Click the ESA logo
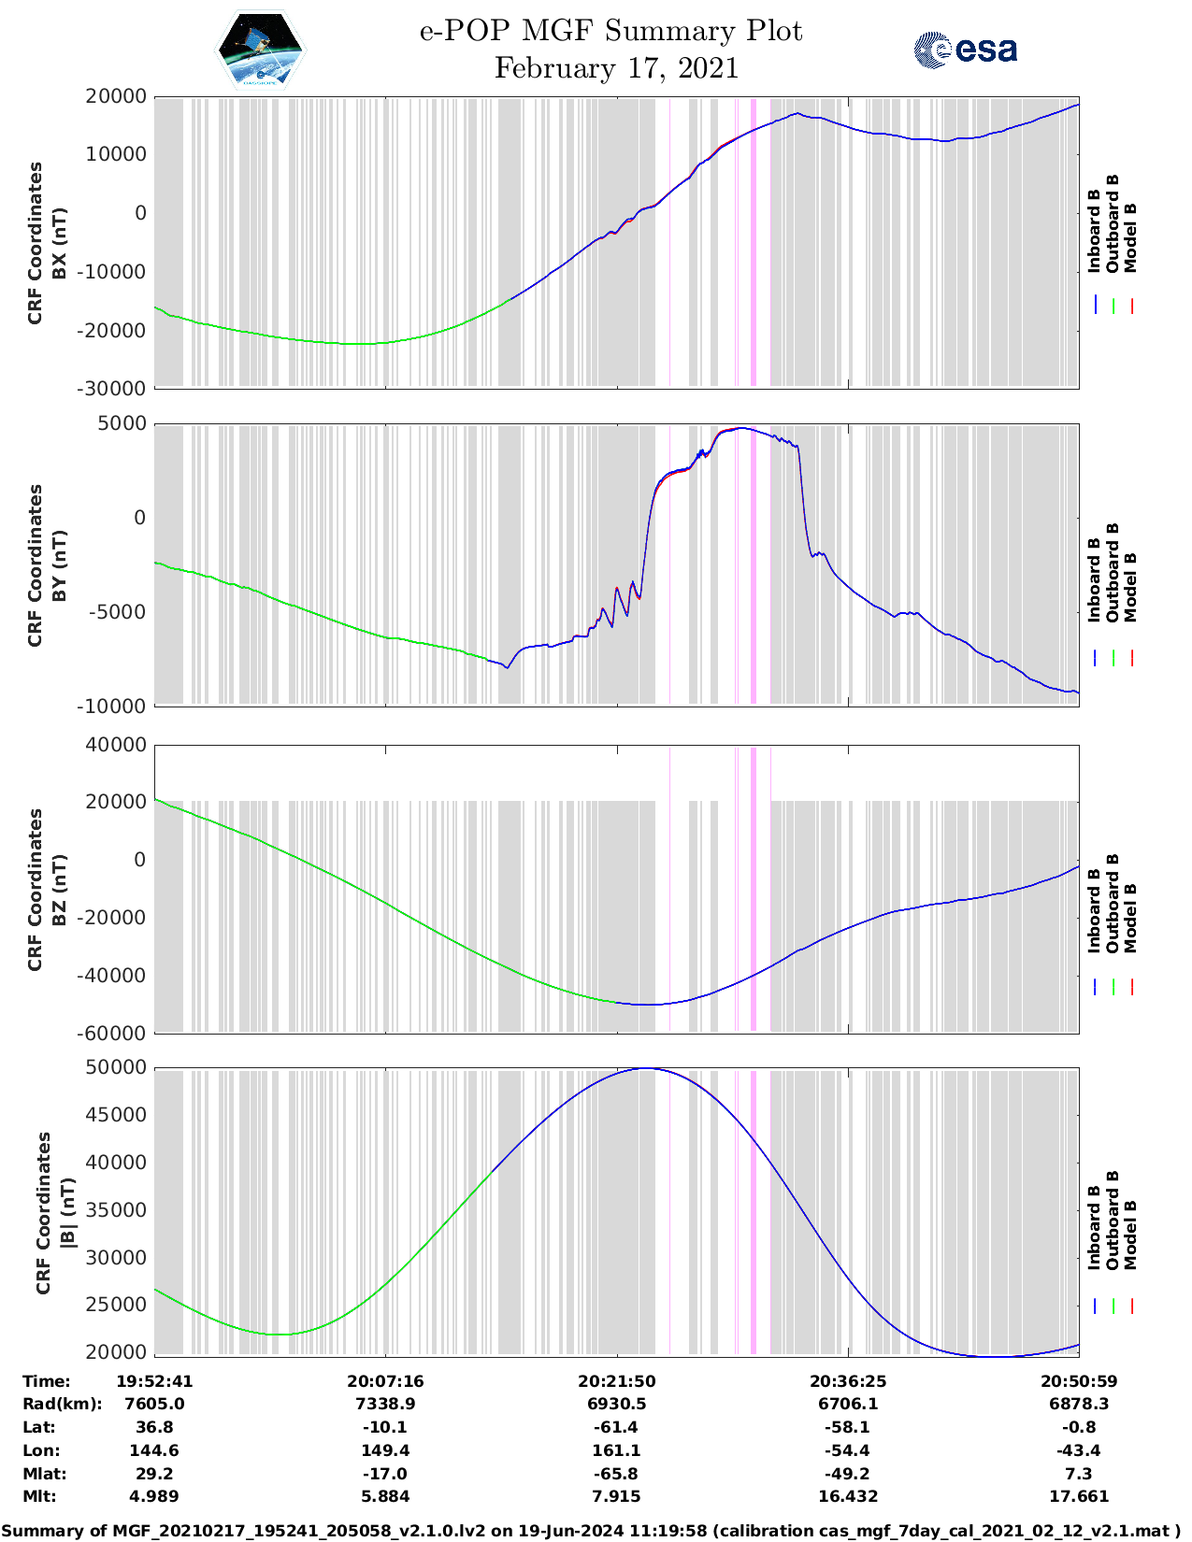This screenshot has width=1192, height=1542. (965, 50)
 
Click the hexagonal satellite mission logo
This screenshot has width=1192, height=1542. (261, 49)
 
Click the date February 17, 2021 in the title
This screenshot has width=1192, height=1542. (616, 68)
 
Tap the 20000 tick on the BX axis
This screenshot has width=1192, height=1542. (116, 96)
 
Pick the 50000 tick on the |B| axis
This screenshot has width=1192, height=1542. (116, 1067)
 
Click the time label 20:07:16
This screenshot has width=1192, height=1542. (385, 1380)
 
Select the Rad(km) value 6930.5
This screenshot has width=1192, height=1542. (616, 1404)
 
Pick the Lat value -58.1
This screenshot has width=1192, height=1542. (848, 1427)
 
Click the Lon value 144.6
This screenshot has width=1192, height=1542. (154, 1450)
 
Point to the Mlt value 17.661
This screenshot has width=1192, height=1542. (1079, 1496)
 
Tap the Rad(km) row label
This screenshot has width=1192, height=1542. (63, 1404)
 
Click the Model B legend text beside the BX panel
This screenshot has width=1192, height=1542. (1130, 237)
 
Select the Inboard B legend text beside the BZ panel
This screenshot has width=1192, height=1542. (1094, 904)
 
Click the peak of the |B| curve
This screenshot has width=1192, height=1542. (646, 1068)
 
